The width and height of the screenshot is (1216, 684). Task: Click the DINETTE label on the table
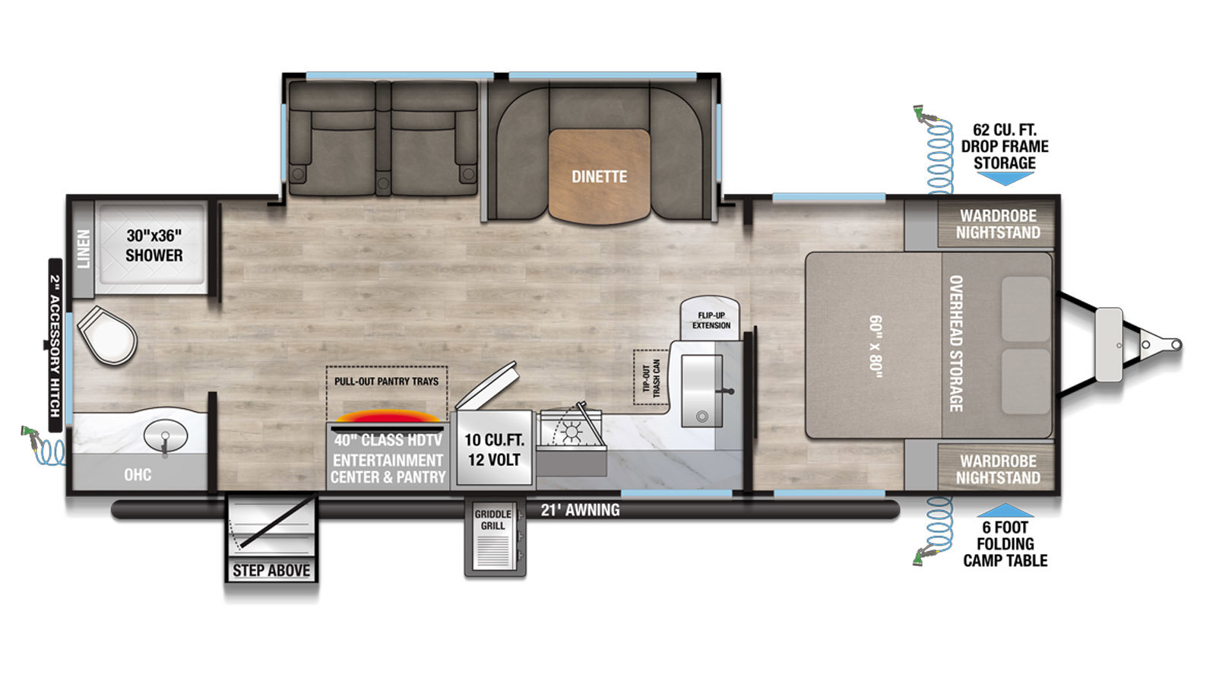tap(599, 176)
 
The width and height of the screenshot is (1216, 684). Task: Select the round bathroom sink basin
tap(166, 435)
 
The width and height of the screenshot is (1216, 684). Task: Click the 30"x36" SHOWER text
tap(154, 245)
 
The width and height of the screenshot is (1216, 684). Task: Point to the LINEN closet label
tap(84, 249)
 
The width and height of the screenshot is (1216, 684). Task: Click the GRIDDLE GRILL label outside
tap(493, 520)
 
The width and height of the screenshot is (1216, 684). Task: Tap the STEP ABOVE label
tap(271, 571)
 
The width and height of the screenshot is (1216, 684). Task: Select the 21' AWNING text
tap(580, 510)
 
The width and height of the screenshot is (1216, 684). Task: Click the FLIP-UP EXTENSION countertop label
tap(711, 320)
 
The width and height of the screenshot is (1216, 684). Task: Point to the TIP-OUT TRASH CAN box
tap(651, 377)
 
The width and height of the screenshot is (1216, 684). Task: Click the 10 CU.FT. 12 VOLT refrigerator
tap(494, 448)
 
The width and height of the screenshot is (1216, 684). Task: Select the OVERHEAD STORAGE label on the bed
tap(956, 344)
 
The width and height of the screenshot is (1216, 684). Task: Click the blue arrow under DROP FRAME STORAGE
tap(1005, 178)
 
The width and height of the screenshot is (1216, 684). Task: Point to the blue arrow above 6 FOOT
tap(1005, 510)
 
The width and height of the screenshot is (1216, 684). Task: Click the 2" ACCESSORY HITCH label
tap(55, 346)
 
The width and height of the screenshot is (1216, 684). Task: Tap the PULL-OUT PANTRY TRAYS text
tap(386, 381)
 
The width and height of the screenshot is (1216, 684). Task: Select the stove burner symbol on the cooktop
tap(571, 432)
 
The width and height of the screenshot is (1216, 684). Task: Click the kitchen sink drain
tap(702, 417)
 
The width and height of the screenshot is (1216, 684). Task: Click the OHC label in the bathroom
tap(138, 474)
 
